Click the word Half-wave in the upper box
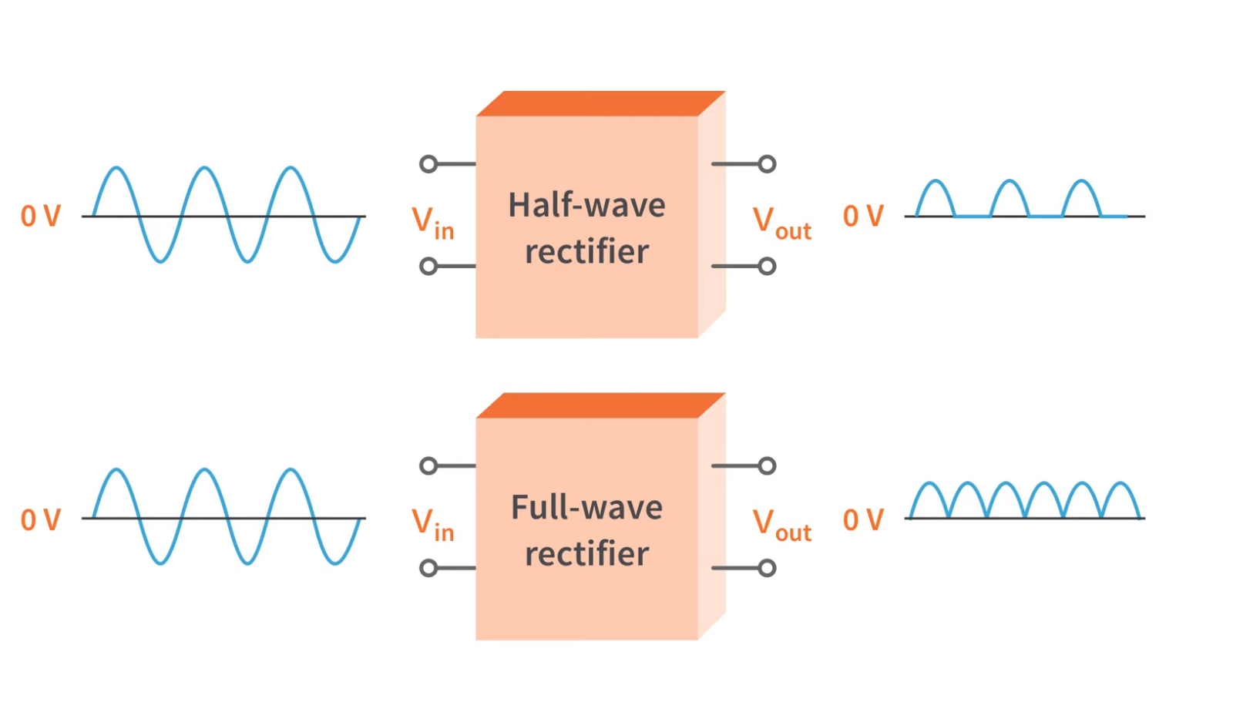pos(586,206)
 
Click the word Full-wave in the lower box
pos(586,508)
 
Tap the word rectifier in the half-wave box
pos(586,252)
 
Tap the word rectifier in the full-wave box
pos(586,554)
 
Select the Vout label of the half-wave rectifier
pos(781,223)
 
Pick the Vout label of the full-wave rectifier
pos(781,526)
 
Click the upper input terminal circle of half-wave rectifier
pos(428,163)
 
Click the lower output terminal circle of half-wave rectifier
pos(767,267)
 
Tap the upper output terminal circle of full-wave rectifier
pos(767,465)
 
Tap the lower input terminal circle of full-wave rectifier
pos(428,569)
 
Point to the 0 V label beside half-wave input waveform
pos(40,217)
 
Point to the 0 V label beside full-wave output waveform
pos(862,520)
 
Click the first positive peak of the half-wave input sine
pos(116,168)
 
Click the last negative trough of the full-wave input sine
pos(334,563)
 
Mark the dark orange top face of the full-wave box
pos(601,405)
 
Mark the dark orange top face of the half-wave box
pos(601,103)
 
